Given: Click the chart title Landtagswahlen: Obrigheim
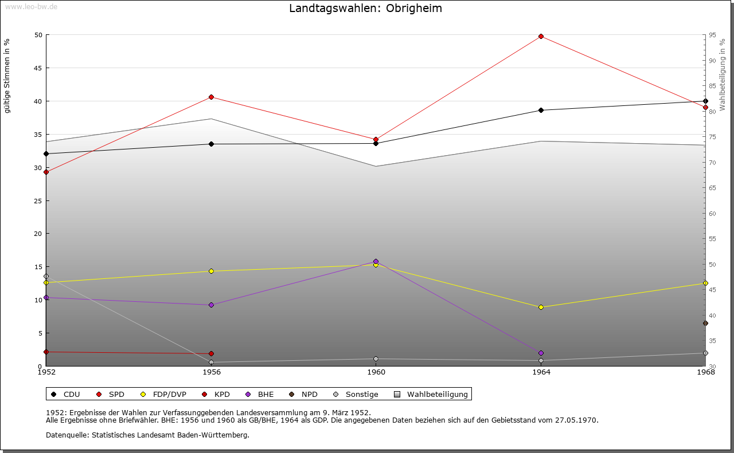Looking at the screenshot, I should click(365, 9).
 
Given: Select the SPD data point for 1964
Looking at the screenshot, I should click(541, 37).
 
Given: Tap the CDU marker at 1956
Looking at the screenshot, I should click(211, 144).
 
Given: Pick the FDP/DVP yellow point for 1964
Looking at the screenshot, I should click(541, 307).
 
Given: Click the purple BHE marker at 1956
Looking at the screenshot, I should click(211, 305).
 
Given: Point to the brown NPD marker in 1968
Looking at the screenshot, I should click(705, 323).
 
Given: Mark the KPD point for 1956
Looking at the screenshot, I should click(211, 353).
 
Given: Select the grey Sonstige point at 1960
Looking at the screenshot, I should click(376, 359).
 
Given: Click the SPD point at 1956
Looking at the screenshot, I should click(211, 97).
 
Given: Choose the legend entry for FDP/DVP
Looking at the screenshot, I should click(170, 394).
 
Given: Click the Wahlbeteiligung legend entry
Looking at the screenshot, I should click(438, 394).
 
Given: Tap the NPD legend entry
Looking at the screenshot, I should click(310, 394).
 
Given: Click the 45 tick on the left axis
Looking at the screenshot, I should click(38, 68).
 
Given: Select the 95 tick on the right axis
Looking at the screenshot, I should click(712, 35).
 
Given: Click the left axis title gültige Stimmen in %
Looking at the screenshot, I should click(7, 76).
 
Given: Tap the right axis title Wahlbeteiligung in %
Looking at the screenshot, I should click(723, 75).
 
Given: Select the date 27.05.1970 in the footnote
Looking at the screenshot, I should click(576, 420).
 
